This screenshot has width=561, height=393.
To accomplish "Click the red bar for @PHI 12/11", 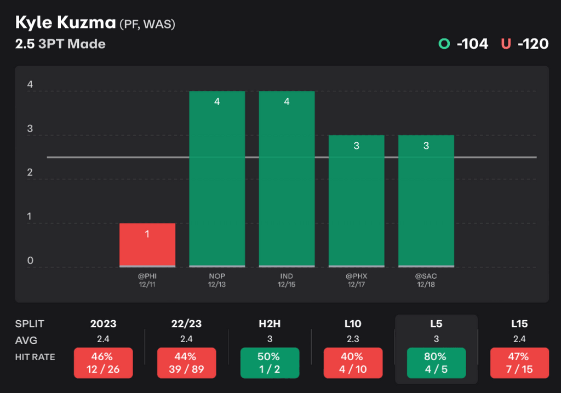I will pyautogui.click(x=147, y=245).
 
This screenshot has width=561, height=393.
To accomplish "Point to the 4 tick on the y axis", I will pyautogui.click(x=30, y=85).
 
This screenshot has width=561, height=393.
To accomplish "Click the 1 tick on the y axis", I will pyautogui.click(x=30, y=217).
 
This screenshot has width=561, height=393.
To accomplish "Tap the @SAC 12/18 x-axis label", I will pyautogui.click(x=426, y=280).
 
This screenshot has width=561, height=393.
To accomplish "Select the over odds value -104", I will pyautogui.click(x=472, y=44).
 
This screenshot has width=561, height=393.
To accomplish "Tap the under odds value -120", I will pyautogui.click(x=532, y=44).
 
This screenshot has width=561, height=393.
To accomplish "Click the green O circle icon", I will pyautogui.click(x=444, y=44).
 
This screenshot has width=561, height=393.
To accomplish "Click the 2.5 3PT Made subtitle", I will pyautogui.click(x=60, y=44).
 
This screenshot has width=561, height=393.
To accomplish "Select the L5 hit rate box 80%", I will pyautogui.click(x=436, y=363).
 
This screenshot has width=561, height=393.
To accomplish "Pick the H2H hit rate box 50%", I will pyautogui.click(x=270, y=363).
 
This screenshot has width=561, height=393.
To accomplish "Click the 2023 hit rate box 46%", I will pyautogui.click(x=103, y=363).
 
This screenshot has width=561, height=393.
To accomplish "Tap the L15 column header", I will pyautogui.click(x=519, y=323).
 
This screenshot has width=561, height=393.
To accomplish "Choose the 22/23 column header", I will pyautogui.click(x=186, y=323).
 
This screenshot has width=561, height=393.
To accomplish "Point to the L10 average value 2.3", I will pyautogui.click(x=353, y=340).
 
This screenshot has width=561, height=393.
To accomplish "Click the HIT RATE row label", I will pyautogui.click(x=36, y=357).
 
